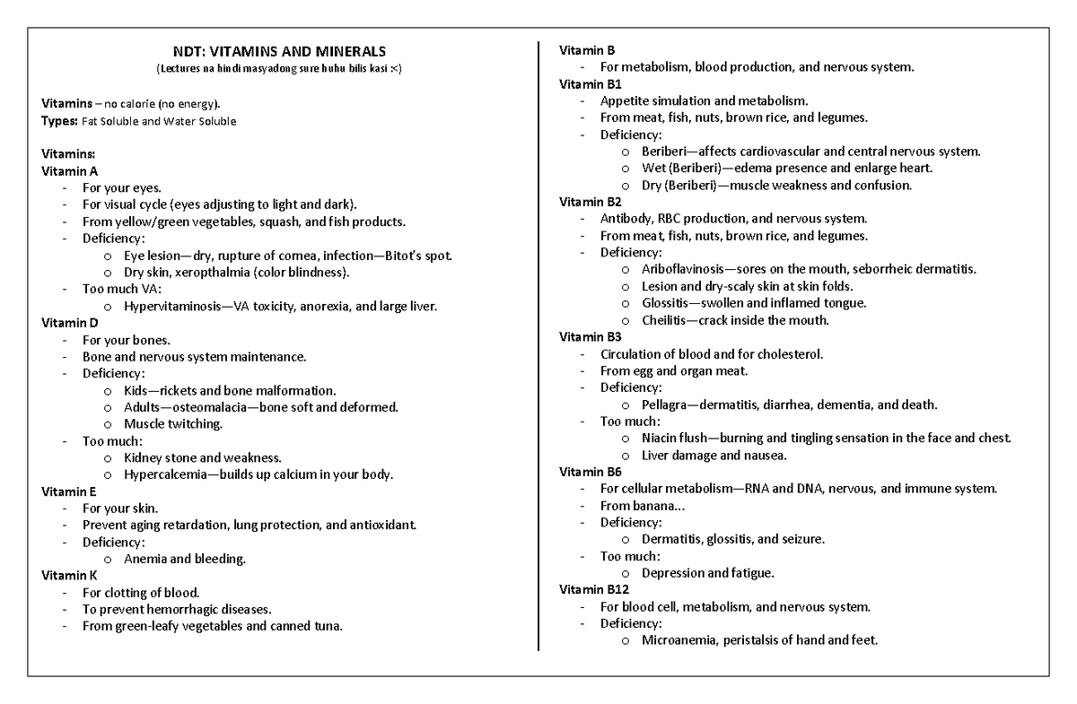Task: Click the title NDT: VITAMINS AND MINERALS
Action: tap(278, 52)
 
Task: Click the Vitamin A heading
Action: tap(71, 170)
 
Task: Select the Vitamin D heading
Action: tap(71, 323)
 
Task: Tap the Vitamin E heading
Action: tap(71, 491)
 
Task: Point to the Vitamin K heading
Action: tap(71, 576)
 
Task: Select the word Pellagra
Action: tap(666, 404)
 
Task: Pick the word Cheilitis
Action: tap(664, 320)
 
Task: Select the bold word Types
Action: tap(60, 121)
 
